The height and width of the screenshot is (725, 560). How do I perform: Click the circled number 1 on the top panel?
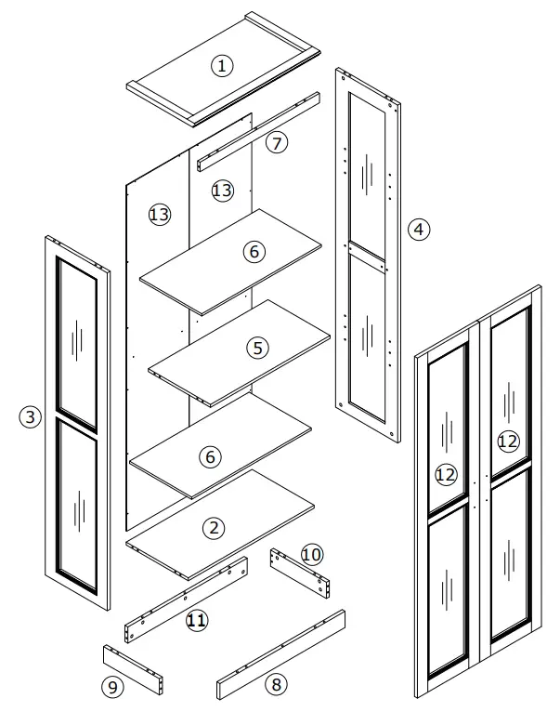coord(221,65)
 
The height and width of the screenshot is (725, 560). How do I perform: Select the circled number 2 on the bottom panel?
coord(215,528)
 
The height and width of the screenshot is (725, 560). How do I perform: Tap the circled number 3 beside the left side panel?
coord(31,417)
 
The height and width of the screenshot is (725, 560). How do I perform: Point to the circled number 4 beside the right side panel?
coord(420,229)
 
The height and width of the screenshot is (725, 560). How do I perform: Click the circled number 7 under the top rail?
coord(277,142)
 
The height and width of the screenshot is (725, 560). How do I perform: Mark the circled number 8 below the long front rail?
coord(275,684)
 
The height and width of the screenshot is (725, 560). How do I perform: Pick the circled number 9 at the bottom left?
coord(111,687)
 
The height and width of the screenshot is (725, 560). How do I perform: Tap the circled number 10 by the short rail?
coord(312,554)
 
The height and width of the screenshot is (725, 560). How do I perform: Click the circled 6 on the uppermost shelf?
coord(254,251)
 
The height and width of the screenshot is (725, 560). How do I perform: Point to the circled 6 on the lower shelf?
coord(211,456)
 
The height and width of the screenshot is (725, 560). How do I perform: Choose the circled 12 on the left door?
coord(446,474)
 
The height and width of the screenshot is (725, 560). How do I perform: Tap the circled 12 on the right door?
coord(507,441)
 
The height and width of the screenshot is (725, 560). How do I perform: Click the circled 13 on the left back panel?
coord(159,215)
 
